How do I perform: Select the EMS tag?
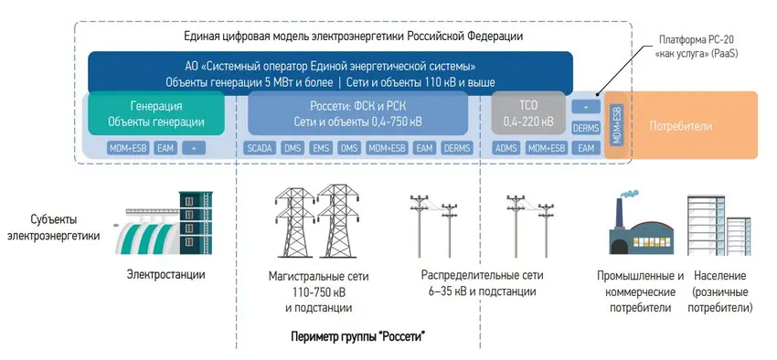tap(321, 147)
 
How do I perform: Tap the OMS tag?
tap(348, 147)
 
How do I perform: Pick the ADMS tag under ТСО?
tap(506, 147)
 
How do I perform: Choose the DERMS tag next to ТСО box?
tap(586, 128)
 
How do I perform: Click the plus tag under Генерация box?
tap(194, 147)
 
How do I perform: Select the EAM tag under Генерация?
tap(165, 147)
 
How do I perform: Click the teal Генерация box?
tap(156, 113)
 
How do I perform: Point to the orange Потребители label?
tap(680, 125)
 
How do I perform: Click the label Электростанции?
tap(165, 274)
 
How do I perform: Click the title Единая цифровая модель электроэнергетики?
tap(353, 36)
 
